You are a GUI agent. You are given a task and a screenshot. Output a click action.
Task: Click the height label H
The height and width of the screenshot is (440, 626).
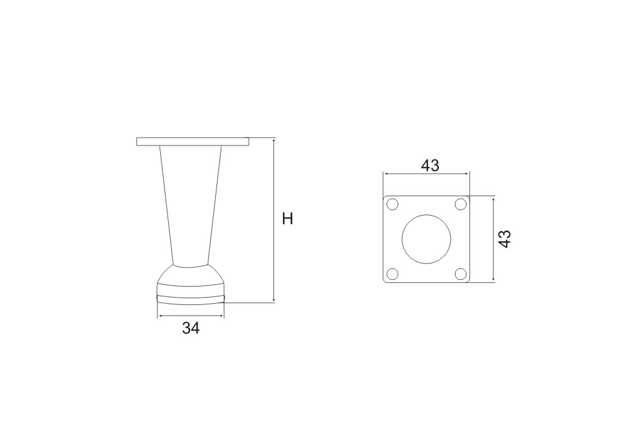tap(287, 219)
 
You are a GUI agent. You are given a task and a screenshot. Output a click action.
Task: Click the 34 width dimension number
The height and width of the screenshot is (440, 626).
tap(191, 328)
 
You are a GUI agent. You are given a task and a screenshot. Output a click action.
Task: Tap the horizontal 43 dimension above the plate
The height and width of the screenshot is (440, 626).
tap(430, 165)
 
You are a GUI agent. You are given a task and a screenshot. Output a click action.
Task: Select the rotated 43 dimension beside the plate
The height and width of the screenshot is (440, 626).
tap(505, 239)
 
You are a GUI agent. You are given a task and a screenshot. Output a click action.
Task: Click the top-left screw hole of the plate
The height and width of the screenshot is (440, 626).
tap(393, 204)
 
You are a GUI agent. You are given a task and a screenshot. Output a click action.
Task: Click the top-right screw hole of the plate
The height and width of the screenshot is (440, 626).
tap(461, 204)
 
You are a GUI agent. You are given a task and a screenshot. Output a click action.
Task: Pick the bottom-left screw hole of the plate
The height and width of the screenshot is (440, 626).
tap(393, 274)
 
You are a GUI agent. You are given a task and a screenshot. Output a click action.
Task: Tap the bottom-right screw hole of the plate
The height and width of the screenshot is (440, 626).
tap(461, 274)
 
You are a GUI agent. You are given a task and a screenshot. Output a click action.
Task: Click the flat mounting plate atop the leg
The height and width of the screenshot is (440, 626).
tap(193, 141)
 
